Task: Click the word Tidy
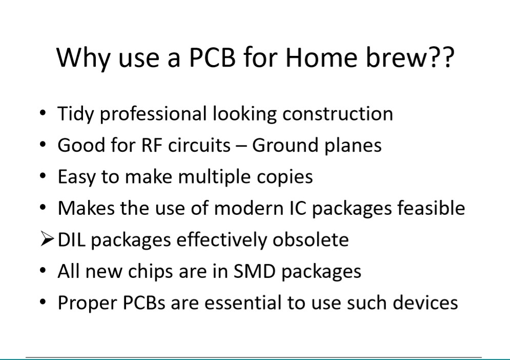click(x=75, y=114)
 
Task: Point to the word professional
click(x=153, y=114)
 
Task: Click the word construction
click(x=338, y=114)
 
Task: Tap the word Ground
click(x=285, y=145)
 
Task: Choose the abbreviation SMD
click(x=254, y=271)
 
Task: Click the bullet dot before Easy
click(x=43, y=176)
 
